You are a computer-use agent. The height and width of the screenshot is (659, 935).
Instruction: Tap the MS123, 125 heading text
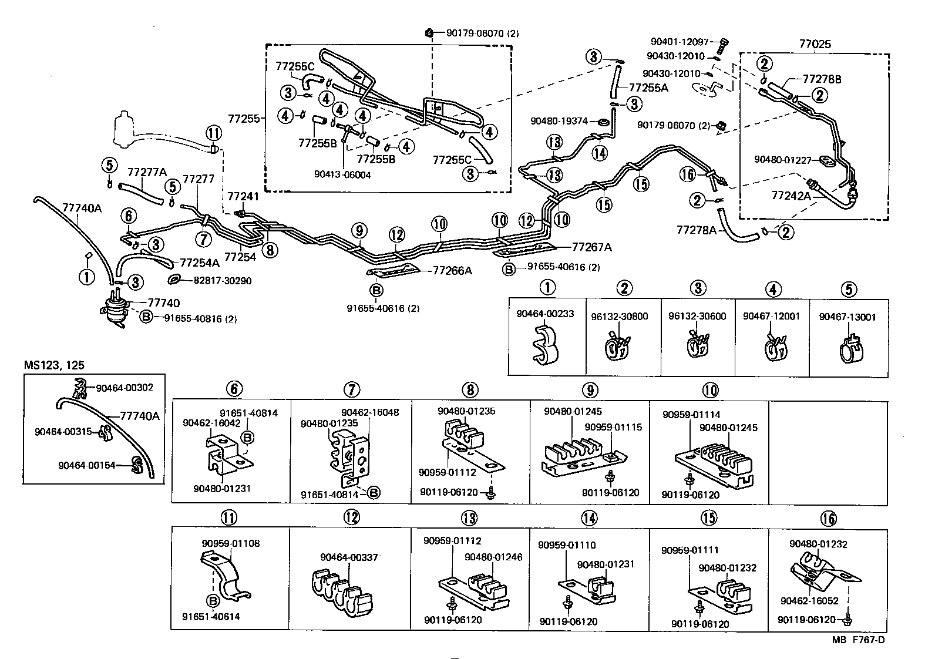[54, 365]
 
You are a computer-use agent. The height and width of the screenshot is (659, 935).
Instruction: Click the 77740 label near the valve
[164, 302]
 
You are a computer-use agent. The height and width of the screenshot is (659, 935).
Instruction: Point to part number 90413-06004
[342, 175]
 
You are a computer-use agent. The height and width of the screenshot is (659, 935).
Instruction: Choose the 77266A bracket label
[452, 270]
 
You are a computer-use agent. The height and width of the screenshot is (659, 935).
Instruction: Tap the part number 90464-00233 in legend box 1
[545, 314]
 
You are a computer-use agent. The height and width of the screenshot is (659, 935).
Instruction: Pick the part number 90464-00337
[349, 557]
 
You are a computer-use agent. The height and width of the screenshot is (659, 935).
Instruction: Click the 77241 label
[243, 197]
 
